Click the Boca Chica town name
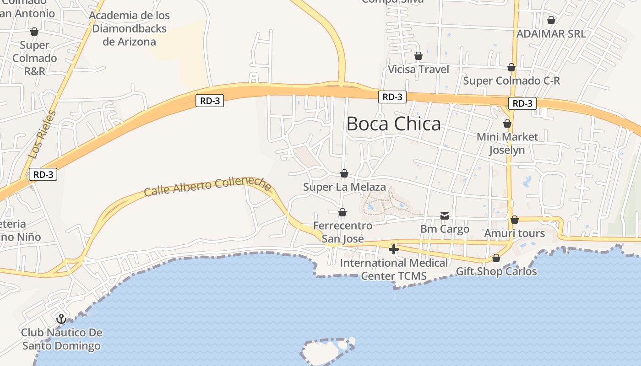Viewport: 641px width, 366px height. click(x=393, y=124)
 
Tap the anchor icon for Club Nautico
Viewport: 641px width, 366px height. click(x=61, y=318)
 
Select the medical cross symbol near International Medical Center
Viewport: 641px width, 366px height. click(x=393, y=249)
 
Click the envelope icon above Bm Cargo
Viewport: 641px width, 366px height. click(x=445, y=215)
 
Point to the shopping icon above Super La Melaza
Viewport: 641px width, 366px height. click(x=344, y=173)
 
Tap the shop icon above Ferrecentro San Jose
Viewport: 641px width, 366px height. click(x=342, y=212)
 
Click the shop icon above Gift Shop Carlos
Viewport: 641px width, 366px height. click(x=496, y=258)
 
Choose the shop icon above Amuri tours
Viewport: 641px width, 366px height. click(x=515, y=220)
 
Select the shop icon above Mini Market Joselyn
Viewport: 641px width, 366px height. click(x=507, y=124)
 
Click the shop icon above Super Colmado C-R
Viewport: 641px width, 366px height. click(x=511, y=67)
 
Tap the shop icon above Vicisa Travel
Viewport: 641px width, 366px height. click(x=418, y=56)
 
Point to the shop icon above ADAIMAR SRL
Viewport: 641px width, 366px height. click(x=551, y=20)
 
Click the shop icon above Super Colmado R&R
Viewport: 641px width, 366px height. click(x=34, y=32)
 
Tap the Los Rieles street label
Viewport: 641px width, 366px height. click(x=42, y=135)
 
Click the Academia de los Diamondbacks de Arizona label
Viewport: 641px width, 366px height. click(x=129, y=28)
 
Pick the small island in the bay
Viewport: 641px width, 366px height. click(x=326, y=351)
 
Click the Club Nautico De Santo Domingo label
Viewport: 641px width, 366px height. click(x=61, y=339)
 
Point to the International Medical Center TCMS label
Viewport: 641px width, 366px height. click(x=394, y=269)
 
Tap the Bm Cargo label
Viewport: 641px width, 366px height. click(x=445, y=229)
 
